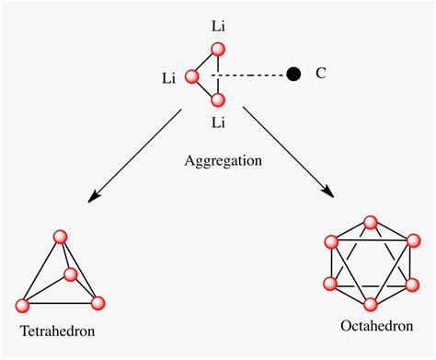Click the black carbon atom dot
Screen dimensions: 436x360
tap(294, 74)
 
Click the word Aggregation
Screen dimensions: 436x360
tap(224, 159)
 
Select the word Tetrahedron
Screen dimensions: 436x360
tap(57, 330)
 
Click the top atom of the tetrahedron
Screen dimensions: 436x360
tap(61, 238)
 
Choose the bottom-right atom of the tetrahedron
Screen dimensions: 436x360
tap(99, 302)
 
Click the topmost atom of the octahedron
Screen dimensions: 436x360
tap(371, 223)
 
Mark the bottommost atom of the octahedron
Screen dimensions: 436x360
tap(371, 304)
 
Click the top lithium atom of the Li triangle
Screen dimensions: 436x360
tap(217, 54)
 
